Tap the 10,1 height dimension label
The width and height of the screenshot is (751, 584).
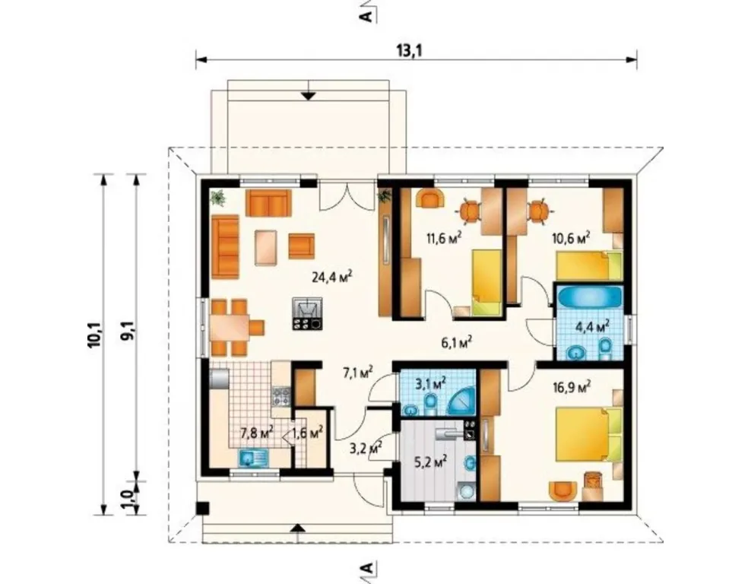tap(94, 335)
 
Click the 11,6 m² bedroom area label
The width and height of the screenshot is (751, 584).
tap(444, 237)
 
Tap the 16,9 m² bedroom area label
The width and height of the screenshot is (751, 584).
tap(571, 386)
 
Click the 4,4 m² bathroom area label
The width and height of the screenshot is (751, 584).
tap(592, 326)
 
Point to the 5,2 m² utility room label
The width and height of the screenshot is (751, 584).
tap(431, 462)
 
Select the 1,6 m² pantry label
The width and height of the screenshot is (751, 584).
tap(307, 433)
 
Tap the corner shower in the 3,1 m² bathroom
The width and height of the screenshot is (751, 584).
tap(461, 401)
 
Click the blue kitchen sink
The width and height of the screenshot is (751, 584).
tap(254, 459)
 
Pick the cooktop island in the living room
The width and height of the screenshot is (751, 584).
tap(307, 313)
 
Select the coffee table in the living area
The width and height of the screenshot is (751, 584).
tap(266, 247)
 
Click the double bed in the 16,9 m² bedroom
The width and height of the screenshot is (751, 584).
tap(588, 434)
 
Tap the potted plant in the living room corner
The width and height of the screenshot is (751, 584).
tap(218, 197)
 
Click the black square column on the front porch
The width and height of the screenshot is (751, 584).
tap(203, 508)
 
